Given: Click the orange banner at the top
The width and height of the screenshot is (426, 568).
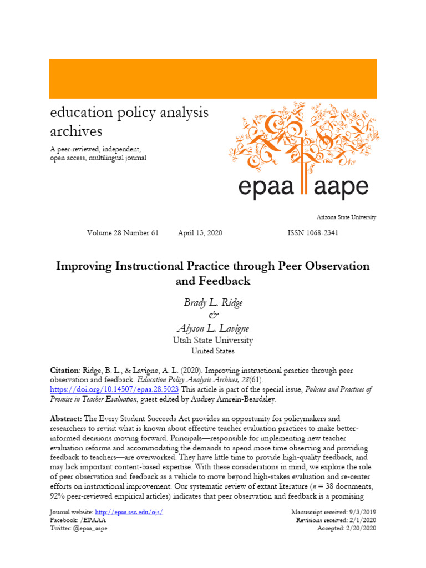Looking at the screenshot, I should coord(213,78).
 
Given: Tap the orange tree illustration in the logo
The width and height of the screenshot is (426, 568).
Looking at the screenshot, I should coord(302,139).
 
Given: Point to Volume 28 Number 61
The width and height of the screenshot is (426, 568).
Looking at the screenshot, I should coord(123,233).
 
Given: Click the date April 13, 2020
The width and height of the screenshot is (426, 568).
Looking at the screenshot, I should coord(200,233).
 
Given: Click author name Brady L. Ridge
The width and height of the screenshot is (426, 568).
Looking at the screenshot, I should coord(213,302).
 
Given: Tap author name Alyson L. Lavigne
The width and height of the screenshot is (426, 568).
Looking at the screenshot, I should coord(213,329).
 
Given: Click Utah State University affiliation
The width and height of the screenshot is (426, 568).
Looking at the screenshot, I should coord(213,340).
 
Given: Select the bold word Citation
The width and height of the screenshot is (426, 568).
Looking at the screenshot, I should coord(64,370).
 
